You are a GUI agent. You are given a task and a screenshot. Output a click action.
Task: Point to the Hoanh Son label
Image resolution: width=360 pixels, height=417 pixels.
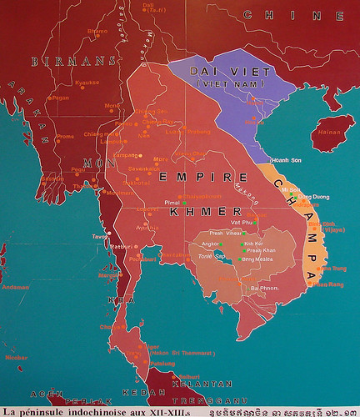(x=286, y=160)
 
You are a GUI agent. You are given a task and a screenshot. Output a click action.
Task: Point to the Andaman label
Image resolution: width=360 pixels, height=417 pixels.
(x=16, y=287)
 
